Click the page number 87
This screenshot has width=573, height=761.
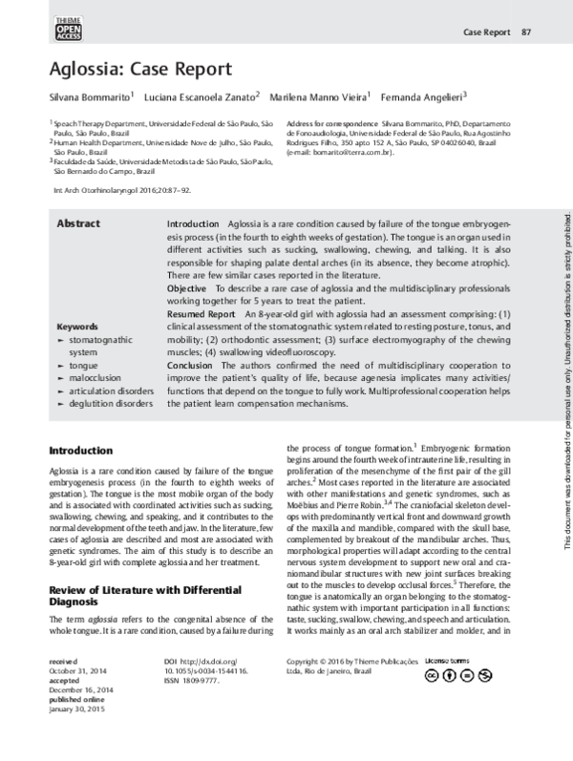click(x=525, y=33)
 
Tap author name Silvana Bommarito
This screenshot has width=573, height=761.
click(x=91, y=96)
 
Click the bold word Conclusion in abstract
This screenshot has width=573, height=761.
click(x=192, y=392)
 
